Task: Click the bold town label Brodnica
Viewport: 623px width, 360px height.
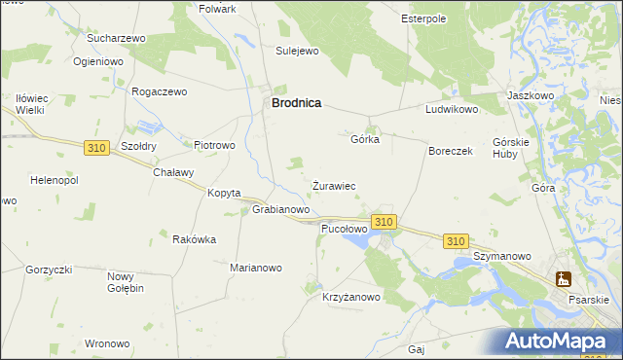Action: tap(296, 101)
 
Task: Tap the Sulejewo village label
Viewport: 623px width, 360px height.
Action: tap(298, 51)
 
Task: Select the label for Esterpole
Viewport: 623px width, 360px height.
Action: tap(423, 18)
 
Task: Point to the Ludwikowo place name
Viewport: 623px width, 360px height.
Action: tap(452, 110)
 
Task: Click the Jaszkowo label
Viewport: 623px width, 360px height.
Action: tap(531, 96)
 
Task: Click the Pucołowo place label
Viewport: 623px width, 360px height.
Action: tap(344, 229)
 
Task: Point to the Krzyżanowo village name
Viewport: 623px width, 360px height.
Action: tap(351, 297)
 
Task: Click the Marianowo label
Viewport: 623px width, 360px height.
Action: tap(256, 268)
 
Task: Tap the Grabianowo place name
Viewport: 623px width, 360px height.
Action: tap(281, 209)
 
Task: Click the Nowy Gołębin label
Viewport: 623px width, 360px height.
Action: tap(126, 282)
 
